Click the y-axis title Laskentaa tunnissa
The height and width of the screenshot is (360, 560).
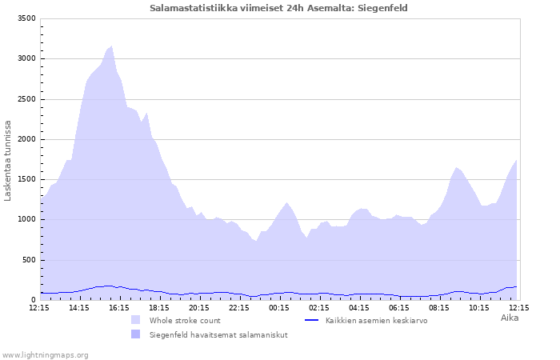(8, 160)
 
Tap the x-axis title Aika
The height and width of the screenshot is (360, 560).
(510, 318)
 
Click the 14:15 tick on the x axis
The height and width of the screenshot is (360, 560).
(79, 307)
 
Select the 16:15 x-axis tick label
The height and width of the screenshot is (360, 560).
(119, 307)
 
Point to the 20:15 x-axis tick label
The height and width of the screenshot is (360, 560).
(199, 307)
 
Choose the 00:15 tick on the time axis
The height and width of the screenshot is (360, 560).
(279, 307)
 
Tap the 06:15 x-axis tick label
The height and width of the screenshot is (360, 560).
(399, 307)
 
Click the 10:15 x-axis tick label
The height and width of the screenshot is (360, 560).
(479, 307)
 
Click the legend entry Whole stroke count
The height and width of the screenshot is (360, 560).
(185, 320)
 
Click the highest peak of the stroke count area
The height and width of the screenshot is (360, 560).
(111, 46)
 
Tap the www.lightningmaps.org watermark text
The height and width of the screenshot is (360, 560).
(45, 354)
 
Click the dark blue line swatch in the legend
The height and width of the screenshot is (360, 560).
(312, 320)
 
